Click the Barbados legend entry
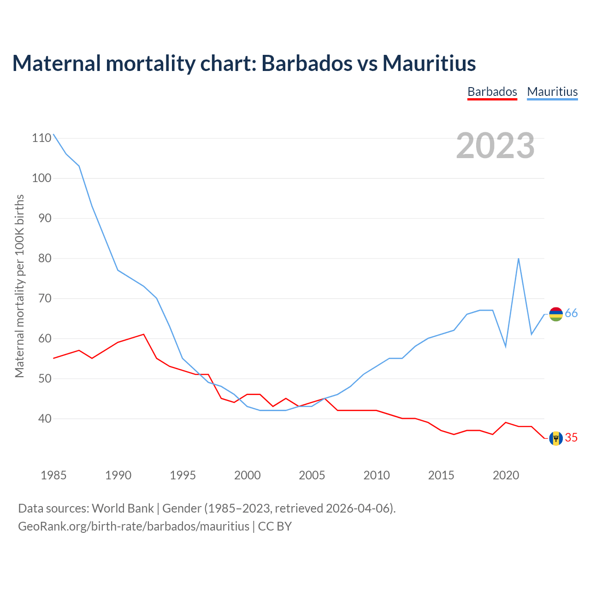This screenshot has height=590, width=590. click(x=492, y=92)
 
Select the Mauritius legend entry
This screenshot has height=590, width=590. click(x=552, y=92)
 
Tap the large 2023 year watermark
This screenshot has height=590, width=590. click(x=496, y=146)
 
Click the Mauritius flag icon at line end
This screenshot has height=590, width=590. click(x=556, y=314)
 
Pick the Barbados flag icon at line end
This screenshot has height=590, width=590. click(x=556, y=438)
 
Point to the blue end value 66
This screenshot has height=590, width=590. click(x=571, y=313)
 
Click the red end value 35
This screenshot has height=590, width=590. click(x=571, y=438)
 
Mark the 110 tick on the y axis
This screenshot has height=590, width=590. click(x=41, y=138)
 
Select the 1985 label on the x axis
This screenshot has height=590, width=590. click(x=53, y=475)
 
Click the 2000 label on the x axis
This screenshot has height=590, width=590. click(x=248, y=475)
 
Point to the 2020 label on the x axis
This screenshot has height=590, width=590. click(x=506, y=475)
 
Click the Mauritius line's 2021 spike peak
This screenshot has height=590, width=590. click(x=519, y=259)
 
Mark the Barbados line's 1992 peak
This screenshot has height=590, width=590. click(x=144, y=334)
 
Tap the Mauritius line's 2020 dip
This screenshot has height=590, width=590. click(x=506, y=346)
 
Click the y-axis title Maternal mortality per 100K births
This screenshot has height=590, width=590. click(x=19, y=286)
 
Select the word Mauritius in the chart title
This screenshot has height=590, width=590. click(x=429, y=63)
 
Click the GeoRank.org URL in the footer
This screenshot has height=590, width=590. click(x=134, y=526)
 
